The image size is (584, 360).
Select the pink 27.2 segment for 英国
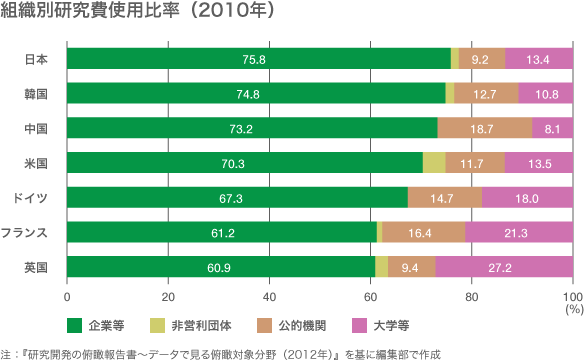504,267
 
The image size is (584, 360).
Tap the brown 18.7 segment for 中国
484,129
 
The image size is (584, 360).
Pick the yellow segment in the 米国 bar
434,163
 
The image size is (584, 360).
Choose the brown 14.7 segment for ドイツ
445,198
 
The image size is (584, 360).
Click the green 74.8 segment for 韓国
256,95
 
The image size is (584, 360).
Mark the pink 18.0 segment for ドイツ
527,198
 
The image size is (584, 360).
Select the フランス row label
25,232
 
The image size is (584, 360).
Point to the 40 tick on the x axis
269,297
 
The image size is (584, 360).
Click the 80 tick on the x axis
471,297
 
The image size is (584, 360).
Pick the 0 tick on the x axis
67,297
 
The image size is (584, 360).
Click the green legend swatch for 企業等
74,325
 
